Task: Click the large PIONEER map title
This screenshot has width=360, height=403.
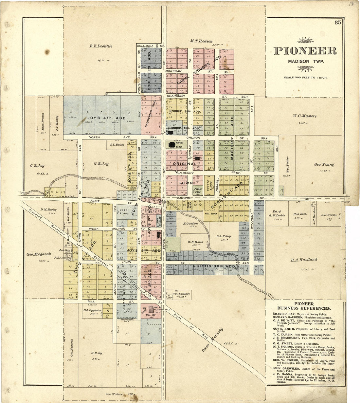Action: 305,51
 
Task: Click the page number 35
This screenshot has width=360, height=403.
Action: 338,23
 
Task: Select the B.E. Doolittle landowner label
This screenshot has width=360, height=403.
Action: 101,46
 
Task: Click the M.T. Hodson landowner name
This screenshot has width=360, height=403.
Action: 201,41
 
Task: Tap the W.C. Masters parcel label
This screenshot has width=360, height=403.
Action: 305,116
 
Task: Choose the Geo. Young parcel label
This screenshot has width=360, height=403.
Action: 324,164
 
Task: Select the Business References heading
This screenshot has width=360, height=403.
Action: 304,306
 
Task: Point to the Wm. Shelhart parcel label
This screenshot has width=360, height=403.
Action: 177,294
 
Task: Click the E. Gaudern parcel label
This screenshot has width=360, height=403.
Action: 189,224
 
